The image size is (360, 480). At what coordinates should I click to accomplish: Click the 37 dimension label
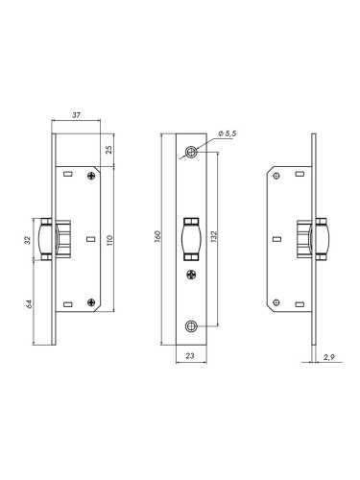point(76,115)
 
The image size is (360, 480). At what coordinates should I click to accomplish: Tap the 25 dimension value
point(109,150)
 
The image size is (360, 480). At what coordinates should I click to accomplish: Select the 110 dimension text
point(109,240)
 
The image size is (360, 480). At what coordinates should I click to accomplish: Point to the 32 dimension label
point(28,240)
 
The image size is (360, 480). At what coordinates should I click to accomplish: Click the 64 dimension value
point(29,303)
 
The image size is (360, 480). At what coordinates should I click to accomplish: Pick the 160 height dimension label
point(157,236)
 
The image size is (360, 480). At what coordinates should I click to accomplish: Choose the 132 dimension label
point(214,236)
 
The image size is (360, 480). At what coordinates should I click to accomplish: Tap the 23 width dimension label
point(190,355)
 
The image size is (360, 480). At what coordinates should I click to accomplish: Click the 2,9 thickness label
point(328,357)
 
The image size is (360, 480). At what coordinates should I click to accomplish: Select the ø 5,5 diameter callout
point(227,133)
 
